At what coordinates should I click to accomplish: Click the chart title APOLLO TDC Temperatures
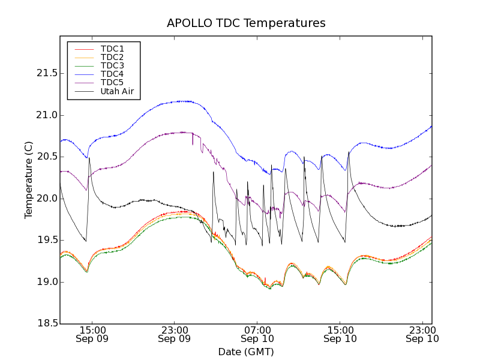click(246, 23)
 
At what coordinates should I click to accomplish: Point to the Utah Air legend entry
click(117, 92)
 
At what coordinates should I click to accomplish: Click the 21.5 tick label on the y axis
click(46, 73)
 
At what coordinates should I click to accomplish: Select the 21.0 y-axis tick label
click(46, 115)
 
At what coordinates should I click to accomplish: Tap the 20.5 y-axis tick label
click(46, 157)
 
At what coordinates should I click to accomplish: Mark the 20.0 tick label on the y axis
click(46, 199)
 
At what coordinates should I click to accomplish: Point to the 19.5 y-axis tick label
click(46, 240)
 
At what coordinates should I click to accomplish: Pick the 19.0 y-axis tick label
click(46, 282)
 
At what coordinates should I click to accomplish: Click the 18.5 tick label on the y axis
click(46, 323)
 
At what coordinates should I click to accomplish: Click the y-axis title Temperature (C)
click(29, 180)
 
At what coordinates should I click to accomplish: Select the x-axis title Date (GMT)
click(246, 352)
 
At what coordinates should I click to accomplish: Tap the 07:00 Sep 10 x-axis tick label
click(257, 334)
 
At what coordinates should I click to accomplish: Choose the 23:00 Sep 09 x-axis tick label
click(175, 334)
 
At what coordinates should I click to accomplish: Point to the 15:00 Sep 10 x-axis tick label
click(340, 334)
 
